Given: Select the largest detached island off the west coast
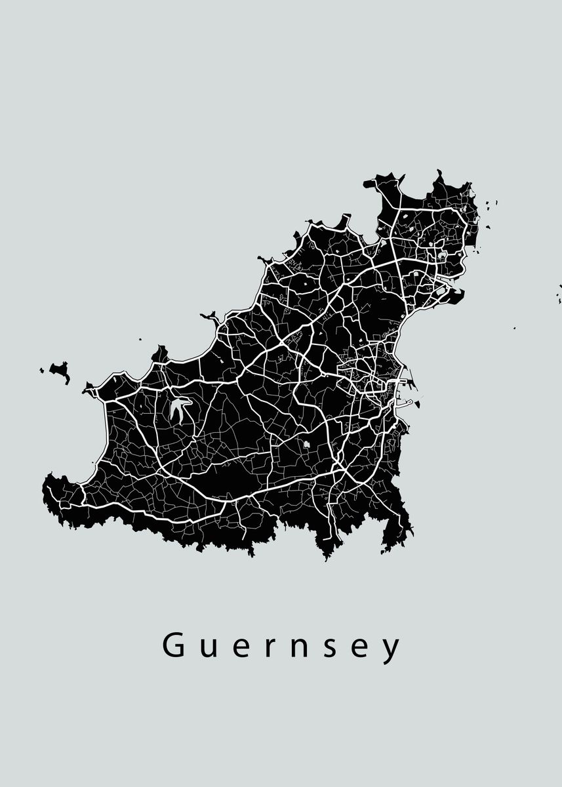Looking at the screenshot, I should tap(60, 371).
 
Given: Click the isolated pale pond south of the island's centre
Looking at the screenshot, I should tap(306, 447).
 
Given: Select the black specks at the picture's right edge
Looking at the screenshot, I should tap(559, 289).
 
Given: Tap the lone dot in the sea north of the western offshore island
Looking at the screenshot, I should tap(140, 339).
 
